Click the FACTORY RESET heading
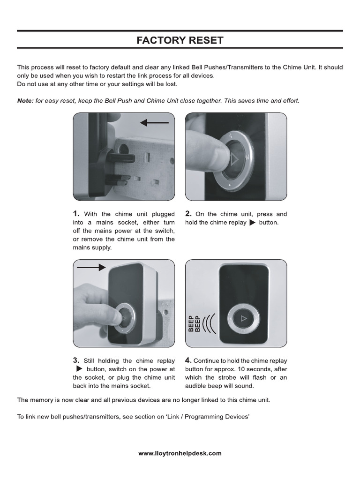[180, 41]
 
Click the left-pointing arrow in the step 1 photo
[154, 123]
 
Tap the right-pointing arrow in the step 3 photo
[91, 267]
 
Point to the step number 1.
[76, 214]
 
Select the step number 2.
[188, 214]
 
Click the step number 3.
[76, 360]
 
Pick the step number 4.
[188, 360]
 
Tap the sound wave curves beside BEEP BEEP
[209, 323]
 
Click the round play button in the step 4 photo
[242, 319]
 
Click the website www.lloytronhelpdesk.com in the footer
[180, 453]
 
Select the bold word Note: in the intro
[25, 101]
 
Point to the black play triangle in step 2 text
[252, 223]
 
